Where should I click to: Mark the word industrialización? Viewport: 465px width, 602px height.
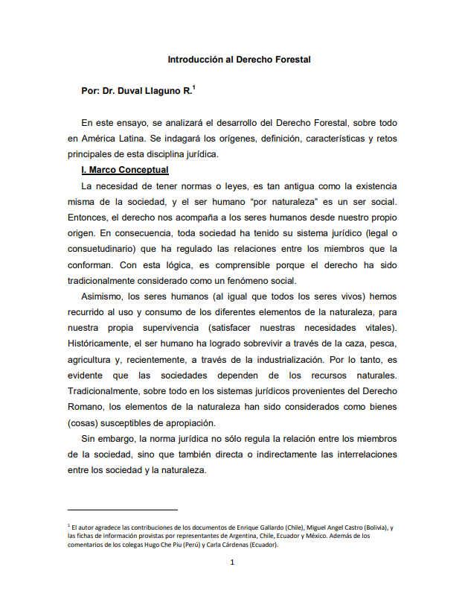click(x=271, y=360)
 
